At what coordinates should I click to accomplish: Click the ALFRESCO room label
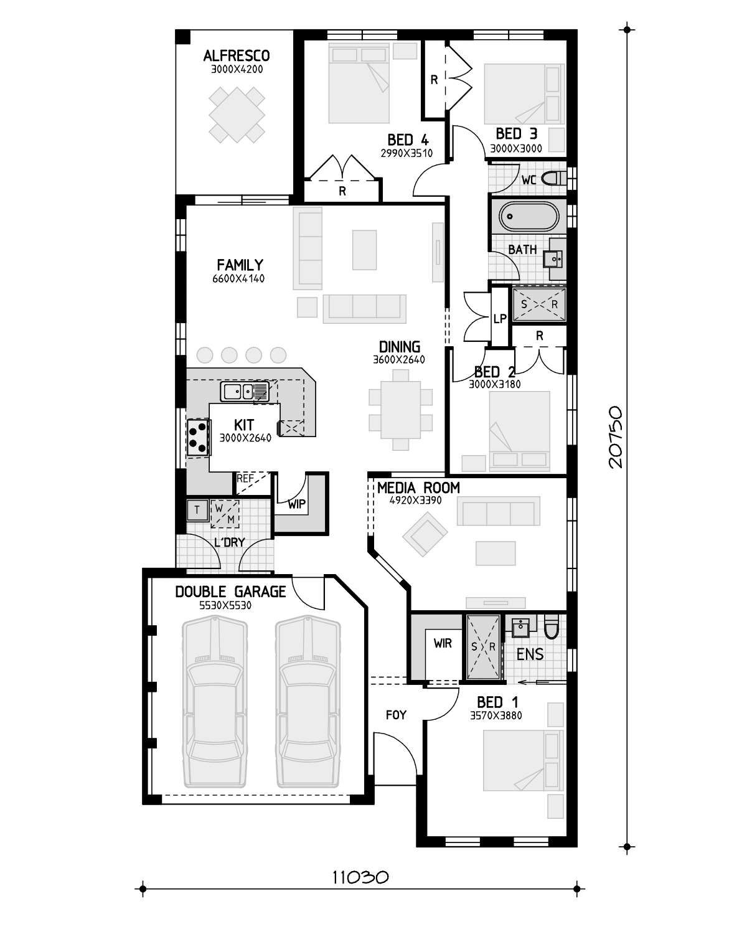237,55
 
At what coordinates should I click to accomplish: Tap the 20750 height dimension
616,437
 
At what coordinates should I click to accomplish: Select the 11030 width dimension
360,877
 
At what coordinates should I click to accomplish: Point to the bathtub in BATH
529,217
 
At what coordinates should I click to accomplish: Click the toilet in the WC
554,178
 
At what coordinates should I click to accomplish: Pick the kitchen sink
245,392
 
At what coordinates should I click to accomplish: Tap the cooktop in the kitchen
197,437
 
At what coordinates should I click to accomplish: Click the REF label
245,478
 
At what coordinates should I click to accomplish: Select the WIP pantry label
297,504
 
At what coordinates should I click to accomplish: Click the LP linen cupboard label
500,319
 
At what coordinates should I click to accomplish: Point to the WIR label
443,644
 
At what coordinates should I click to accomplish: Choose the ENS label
530,654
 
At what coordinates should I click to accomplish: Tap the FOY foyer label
396,715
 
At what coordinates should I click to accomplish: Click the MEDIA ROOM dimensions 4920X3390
415,501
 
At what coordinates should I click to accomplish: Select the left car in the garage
215,701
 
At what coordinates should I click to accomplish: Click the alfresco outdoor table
237,115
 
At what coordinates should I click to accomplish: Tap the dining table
401,410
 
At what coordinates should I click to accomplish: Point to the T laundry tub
197,510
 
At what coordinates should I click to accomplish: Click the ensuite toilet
552,627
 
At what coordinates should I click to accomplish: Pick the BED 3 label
517,134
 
